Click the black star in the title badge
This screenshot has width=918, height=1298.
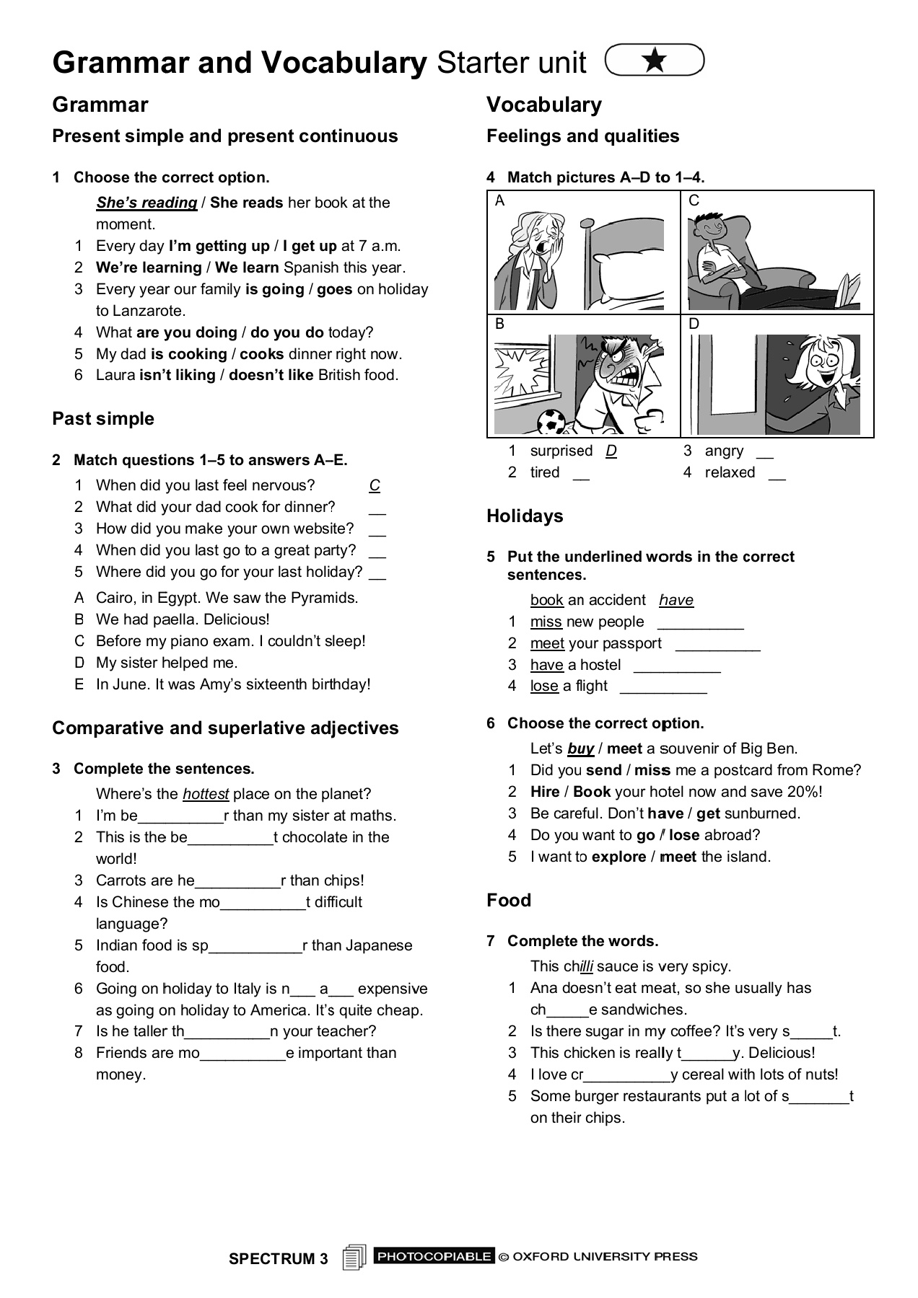(655, 60)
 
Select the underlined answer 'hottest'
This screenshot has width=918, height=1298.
(206, 794)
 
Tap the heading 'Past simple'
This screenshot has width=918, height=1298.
(103, 419)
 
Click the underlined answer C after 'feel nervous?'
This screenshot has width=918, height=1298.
(375, 485)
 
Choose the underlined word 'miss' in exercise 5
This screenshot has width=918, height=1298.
(546, 622)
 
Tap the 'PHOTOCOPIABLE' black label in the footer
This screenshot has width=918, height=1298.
(434, 1256)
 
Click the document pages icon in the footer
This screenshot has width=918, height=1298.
(354, 1258)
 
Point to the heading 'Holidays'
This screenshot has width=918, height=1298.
(525, 516)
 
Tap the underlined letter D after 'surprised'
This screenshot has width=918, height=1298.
(611, 451)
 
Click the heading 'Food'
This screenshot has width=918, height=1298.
(509, 901)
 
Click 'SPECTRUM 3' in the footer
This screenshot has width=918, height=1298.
(278, 1259)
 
